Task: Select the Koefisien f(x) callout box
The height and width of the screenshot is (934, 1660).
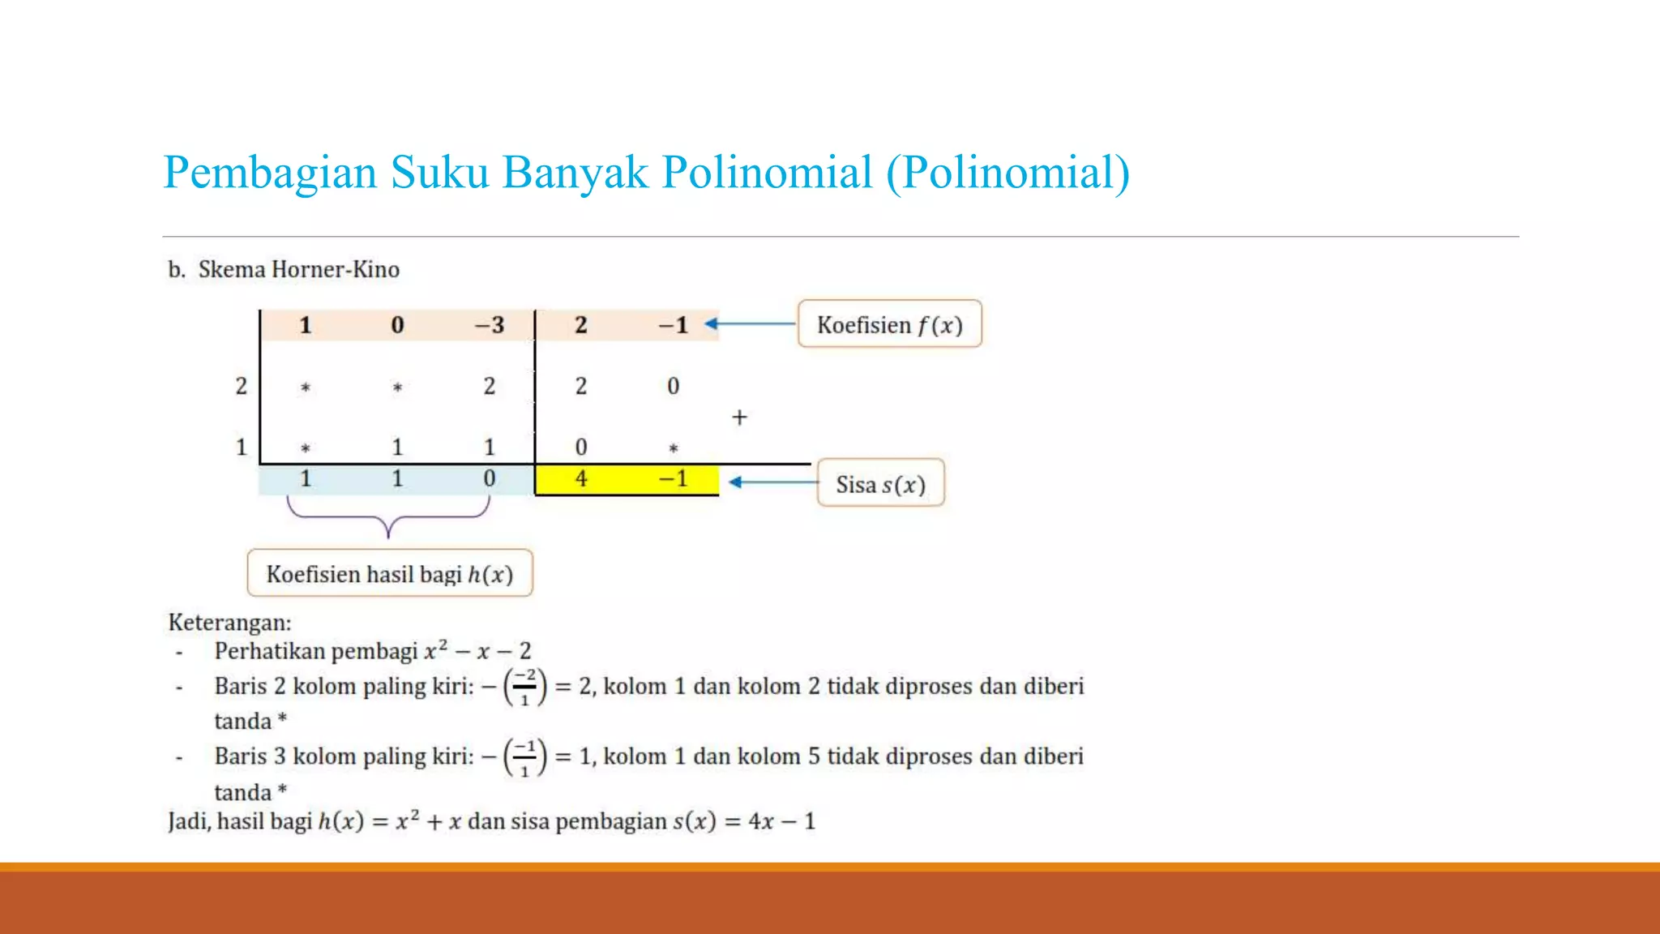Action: [889, 324]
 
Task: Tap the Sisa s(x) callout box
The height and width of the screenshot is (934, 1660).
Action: [880, 484]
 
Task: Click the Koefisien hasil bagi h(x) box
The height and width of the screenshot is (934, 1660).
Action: [389, 574]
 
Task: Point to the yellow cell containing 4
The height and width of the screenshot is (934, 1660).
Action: [581, 478]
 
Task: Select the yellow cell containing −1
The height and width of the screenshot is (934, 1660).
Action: [673, 478]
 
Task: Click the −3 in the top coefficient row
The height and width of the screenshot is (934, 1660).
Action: [489, 325]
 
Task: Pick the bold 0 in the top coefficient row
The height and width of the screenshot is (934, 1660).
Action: [397, 325]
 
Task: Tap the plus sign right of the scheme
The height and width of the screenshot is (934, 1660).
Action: [739, 418]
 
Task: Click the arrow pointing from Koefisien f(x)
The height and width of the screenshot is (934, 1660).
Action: [750, 324]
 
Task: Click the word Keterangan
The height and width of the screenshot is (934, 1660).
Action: [229, 623]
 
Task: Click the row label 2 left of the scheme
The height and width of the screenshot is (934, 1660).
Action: [241, 386]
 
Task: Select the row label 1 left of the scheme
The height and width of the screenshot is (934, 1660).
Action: [241, 447]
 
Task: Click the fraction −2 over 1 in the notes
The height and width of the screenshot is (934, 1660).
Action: [524, 687]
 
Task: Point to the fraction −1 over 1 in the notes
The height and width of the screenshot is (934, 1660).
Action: [524, 757]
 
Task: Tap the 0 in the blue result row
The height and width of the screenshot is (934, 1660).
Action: [489, 478]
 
